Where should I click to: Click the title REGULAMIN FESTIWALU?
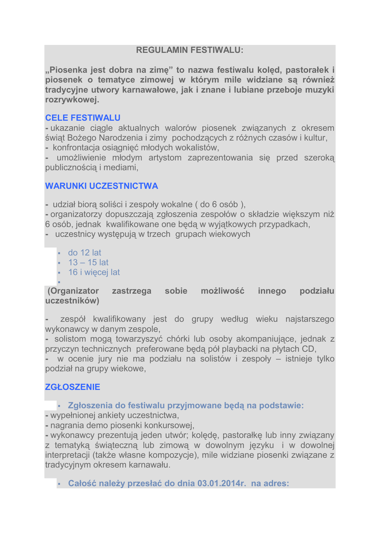click(190, 50)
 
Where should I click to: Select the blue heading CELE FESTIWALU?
click(83, 118)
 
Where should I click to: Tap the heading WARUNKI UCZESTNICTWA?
click(102, 186)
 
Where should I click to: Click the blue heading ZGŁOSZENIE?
click(72, 387)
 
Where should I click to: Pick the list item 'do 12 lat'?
click(84, 253)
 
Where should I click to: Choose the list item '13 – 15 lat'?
click(88, 262)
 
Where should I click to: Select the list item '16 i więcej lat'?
click(94, 272)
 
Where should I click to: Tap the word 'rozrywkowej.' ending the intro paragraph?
click(72, 99)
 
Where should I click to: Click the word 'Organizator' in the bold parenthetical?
click(74, 291)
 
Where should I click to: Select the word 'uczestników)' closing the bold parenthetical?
click(72, 301)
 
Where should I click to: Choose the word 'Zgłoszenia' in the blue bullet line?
click(93, 405)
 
